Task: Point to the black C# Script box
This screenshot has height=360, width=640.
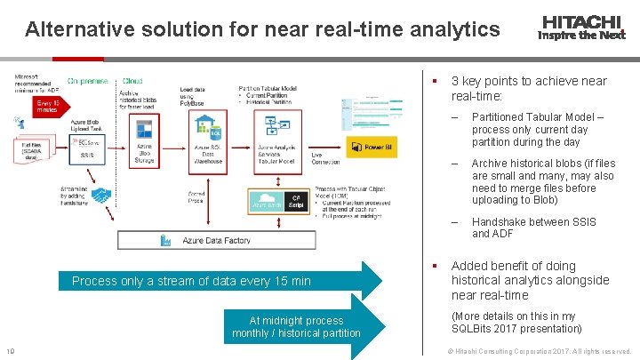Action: [296, 202]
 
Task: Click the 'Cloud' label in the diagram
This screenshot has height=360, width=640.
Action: [132, 81]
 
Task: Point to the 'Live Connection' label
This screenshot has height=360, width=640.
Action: [324, 158]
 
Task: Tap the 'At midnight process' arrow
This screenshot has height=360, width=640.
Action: [296, 326]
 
